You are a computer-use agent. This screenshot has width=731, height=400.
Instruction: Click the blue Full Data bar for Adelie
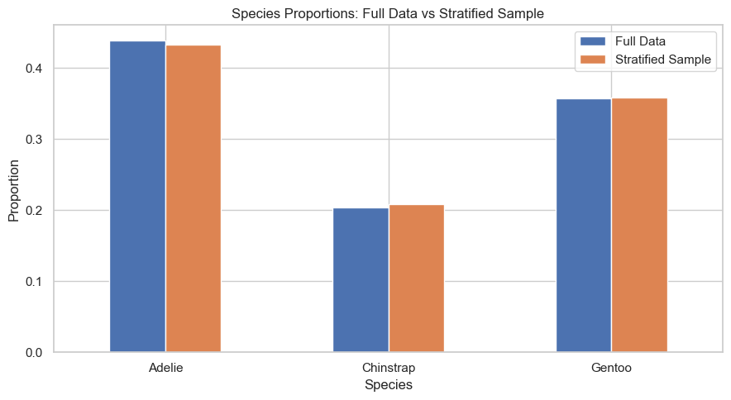coord(137,196)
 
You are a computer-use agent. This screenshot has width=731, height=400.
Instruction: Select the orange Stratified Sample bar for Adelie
coord(193,198)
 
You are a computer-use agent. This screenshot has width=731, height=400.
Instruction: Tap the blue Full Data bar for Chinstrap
coord(361,279)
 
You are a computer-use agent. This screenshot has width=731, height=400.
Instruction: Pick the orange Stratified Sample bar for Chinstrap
coord(416,279)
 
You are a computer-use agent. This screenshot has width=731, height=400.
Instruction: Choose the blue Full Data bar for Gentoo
coord(584,225)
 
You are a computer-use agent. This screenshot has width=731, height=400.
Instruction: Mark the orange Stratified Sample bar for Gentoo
coord(639,225)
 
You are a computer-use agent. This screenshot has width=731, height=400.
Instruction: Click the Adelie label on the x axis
coord(165,368)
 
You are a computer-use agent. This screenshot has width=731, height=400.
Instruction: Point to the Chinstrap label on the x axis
coord(389,368)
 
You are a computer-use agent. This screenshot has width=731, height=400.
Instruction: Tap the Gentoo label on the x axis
coord(611,368)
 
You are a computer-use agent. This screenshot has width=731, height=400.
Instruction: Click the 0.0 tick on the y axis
coord(33,353)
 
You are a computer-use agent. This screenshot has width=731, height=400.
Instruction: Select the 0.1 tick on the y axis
coord(33,282)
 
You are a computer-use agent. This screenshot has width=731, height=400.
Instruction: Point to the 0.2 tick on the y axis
coord(33,211)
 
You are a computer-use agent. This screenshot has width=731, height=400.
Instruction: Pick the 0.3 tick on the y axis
coord(33,140)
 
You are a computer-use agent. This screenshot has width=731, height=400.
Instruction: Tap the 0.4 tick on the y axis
coord(33,69)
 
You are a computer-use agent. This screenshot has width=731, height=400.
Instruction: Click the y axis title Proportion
coord(13,191)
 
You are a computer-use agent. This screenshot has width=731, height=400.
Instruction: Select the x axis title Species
coord(389,385)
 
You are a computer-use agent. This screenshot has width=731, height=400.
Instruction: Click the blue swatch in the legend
coord(593,41)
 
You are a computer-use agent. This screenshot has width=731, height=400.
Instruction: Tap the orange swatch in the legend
coord(593,60)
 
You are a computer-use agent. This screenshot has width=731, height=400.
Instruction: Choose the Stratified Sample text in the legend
coord(663,60)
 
